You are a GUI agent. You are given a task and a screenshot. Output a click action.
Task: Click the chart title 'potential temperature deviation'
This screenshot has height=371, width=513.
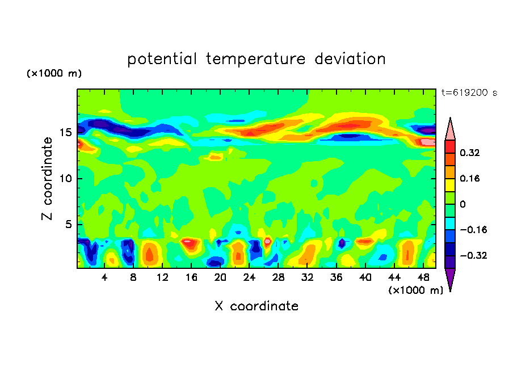pyautogui.click(x=256, y=59)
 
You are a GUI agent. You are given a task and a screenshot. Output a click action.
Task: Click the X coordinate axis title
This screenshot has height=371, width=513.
pyautogui.click(x=256, y=306)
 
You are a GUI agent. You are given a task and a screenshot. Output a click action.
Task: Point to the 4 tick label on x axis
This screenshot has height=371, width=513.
pyautogui.click(x=104, y=277)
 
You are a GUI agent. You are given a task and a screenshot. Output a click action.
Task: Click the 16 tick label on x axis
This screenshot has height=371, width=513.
pyautogui.click(x=191, y=277)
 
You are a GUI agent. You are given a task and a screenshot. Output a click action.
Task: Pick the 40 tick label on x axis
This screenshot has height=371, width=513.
pyautogui.click(x=365, y=277)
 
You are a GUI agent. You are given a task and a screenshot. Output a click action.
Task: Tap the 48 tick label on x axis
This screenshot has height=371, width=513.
pyautogui.click(x=423, y=277)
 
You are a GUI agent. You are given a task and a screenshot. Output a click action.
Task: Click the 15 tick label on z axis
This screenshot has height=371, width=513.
pyautogui.click(x=65, y=133)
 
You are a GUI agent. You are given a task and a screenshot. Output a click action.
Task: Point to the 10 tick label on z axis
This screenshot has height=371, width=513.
pyautogui.click(x=65, y=179)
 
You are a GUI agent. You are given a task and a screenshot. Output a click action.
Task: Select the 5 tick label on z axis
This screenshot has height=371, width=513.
pyautogui.click(x=68, y=225)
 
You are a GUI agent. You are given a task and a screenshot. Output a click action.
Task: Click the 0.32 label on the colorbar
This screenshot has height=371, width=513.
pyautogui.click(x=470, y=153)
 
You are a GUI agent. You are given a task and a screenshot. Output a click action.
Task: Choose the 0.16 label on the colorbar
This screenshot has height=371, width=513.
pyautogui.click(x=470, y=178)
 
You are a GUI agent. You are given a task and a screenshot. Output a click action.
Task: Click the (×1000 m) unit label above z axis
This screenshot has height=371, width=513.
pyautogui.click(x=54, y=74)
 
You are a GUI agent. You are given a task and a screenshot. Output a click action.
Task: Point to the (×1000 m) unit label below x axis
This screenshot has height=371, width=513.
pyautogui.click(x=415, y=290)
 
